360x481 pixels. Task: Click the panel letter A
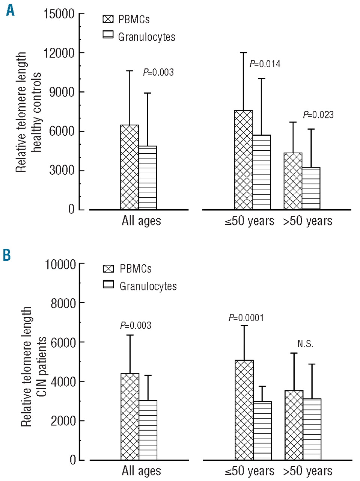point(10,10)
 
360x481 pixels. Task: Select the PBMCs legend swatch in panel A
point(108,19)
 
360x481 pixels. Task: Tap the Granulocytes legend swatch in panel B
point(108,284)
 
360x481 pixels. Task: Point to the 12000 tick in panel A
point(59,53)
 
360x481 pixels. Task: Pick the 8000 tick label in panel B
point(63,303)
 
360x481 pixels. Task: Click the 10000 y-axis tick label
point(60,264)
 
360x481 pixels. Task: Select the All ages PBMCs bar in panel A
point(130,167)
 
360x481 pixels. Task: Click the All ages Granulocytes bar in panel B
point(148,430)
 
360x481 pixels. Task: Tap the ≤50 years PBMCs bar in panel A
point(243,160)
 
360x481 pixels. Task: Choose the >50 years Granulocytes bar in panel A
point(311,188)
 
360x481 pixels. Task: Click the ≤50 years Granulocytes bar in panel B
point(262,431)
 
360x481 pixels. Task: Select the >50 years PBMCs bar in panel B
point(294,425)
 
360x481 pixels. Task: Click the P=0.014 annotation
point(265,64)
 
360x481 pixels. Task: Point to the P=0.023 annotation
point(318,115)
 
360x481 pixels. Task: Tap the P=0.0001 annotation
point(246,318)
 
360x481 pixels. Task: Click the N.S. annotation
point(305,344)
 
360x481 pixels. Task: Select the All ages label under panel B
point(141,471)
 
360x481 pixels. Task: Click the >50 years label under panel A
point(308,221)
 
